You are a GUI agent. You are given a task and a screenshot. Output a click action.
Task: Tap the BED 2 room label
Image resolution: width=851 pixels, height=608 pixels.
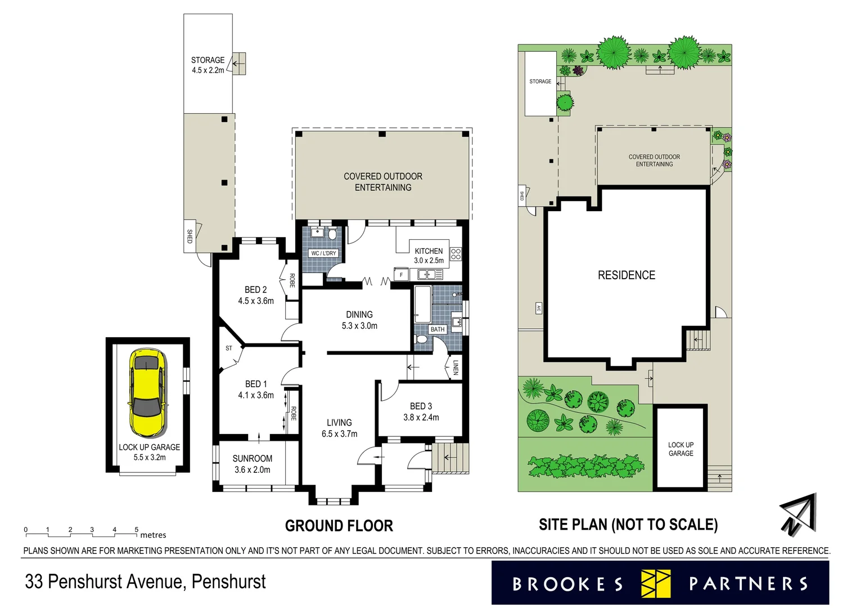pos(255,290)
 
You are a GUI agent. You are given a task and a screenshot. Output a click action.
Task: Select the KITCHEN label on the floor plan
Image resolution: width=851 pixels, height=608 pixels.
pos(429,251)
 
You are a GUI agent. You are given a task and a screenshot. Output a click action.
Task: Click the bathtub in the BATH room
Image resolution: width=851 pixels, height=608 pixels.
pos(422,303)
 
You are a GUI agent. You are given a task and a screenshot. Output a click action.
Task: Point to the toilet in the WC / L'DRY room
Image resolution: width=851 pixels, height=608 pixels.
pos(332,234)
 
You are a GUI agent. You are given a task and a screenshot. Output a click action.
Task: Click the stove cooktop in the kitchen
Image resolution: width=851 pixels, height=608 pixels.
pos(456,254)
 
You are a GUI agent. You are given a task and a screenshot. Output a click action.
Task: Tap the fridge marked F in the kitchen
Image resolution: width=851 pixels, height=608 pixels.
pos(401,275)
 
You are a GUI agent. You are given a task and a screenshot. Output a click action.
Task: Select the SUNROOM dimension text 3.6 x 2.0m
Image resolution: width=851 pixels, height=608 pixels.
pos(252,470)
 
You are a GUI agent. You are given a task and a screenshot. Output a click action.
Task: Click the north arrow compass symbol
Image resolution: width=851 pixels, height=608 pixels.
pos(799,514)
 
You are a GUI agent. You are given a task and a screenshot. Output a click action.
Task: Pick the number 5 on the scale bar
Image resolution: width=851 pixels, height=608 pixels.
pos(136,530)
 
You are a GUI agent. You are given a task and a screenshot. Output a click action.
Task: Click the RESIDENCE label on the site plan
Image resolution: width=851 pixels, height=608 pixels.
pos(626,275)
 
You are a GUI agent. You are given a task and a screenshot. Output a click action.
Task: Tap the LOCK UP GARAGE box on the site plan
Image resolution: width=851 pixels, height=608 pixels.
pos(681,449)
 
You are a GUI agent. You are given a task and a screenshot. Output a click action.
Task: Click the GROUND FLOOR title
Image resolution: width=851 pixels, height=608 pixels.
pos(339,526)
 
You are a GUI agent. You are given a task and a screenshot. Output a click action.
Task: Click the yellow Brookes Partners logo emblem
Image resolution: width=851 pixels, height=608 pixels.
pos(656,583)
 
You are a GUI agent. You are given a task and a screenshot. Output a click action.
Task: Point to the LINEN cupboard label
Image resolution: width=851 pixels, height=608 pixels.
pos(456,368)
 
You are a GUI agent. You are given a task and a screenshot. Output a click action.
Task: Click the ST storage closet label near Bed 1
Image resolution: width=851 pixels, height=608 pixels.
pos(229,348)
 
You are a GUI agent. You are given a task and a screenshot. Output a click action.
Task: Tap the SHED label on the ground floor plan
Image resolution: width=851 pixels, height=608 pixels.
pos(190,236)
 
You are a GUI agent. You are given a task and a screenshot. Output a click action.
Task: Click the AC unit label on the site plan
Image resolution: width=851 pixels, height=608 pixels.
pos(538,309)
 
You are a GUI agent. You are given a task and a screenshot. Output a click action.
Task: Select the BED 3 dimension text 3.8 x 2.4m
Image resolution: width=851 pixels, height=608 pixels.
pos(421,417)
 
